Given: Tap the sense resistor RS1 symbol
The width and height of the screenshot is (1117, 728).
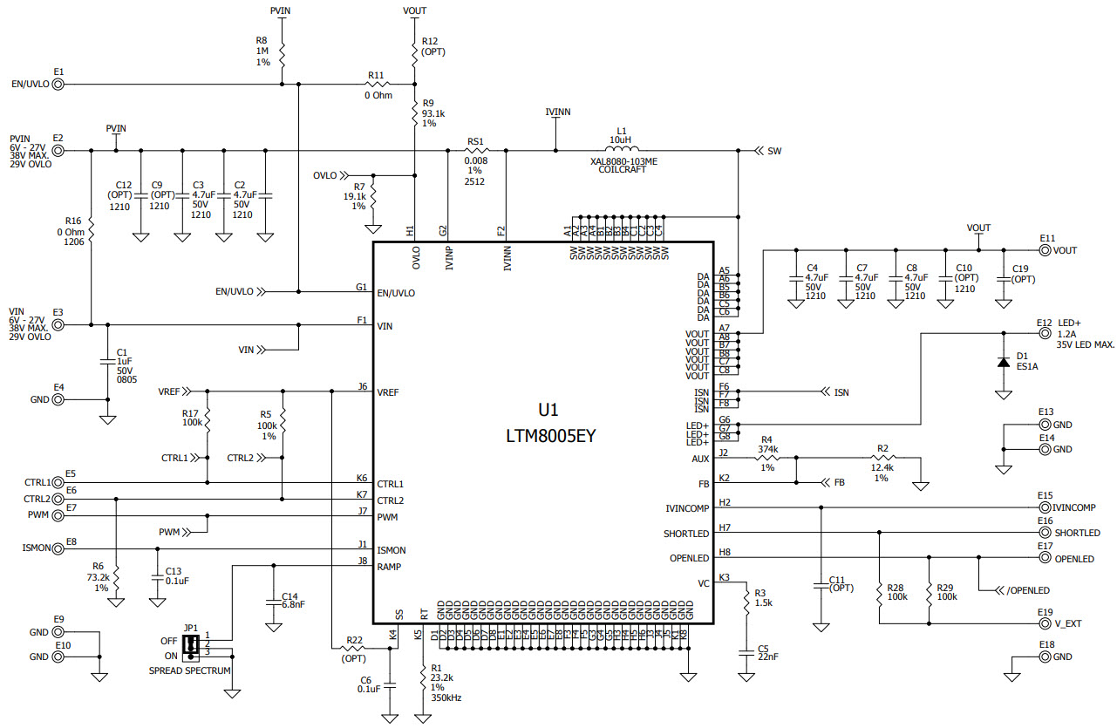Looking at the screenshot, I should tap(475, 151).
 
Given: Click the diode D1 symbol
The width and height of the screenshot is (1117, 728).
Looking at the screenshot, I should tap(1004, 361).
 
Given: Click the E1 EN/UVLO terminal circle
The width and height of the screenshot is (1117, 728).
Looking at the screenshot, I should tap(58, 85).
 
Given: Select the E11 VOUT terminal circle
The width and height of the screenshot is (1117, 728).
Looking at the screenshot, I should tap(1045, 250).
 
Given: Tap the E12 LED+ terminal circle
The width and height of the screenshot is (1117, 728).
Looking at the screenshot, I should tap(1045, 333).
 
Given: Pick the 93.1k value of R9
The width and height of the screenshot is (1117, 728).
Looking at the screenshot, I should tap(433, 113).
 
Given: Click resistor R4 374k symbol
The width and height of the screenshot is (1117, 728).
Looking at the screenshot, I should tap(767, 456).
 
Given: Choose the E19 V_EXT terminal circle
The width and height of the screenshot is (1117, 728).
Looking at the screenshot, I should tap(1045, 624).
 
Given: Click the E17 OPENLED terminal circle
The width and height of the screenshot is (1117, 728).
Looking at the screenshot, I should tap(1045, 558).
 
